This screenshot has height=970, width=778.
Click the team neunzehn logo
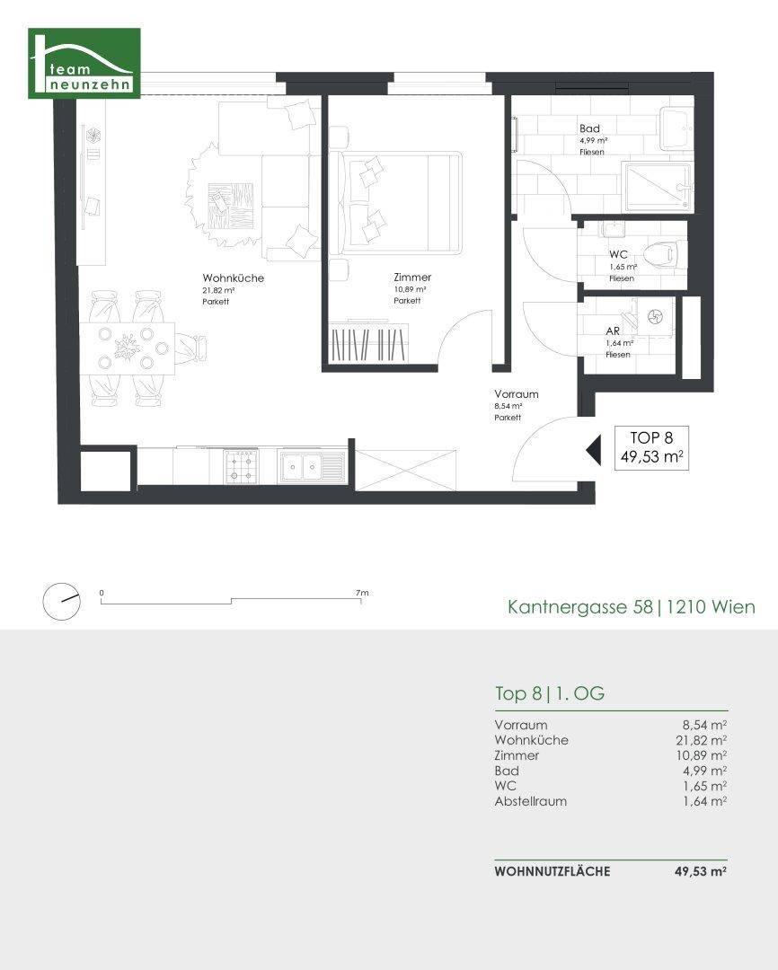84,63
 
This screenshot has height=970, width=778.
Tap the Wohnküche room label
233,278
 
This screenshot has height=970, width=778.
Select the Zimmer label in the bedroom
412,278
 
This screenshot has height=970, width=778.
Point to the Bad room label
589,128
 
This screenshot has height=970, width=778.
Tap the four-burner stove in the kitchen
241,466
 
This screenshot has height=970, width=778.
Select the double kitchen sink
312,466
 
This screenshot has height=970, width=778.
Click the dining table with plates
136,348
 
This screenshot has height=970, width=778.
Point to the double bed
396,203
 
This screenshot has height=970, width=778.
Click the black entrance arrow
594,450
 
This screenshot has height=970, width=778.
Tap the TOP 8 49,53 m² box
651,448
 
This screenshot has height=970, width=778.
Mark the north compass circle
61,601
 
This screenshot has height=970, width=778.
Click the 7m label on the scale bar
362,593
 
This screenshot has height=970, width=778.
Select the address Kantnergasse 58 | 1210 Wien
632,607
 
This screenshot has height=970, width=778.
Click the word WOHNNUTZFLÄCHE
553,871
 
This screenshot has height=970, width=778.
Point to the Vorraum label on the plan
517,394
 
